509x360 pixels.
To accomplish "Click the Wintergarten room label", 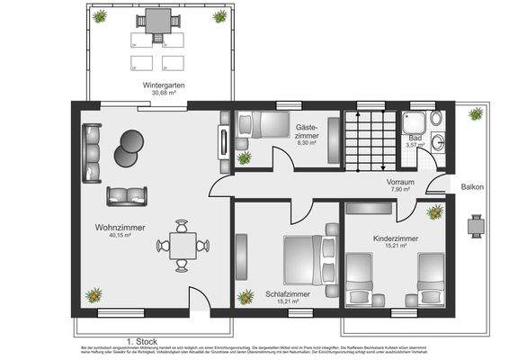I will click(162, 85).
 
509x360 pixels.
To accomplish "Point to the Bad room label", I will click(415, 138).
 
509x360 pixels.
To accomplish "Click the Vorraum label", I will click(400, 182).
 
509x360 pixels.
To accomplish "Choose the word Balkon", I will click(473, 187).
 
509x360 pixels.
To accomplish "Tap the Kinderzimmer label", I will click(395, 238).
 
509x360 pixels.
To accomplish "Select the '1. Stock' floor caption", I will click(142, 341).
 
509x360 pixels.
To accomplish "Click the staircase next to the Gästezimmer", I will click(371, 139).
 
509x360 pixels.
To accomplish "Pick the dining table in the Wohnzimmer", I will click(183, 245).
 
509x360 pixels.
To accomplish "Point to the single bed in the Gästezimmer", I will click(256, 125).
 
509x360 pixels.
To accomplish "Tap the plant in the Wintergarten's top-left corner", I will click(100, 16).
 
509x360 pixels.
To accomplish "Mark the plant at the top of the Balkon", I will click(475, 113).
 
